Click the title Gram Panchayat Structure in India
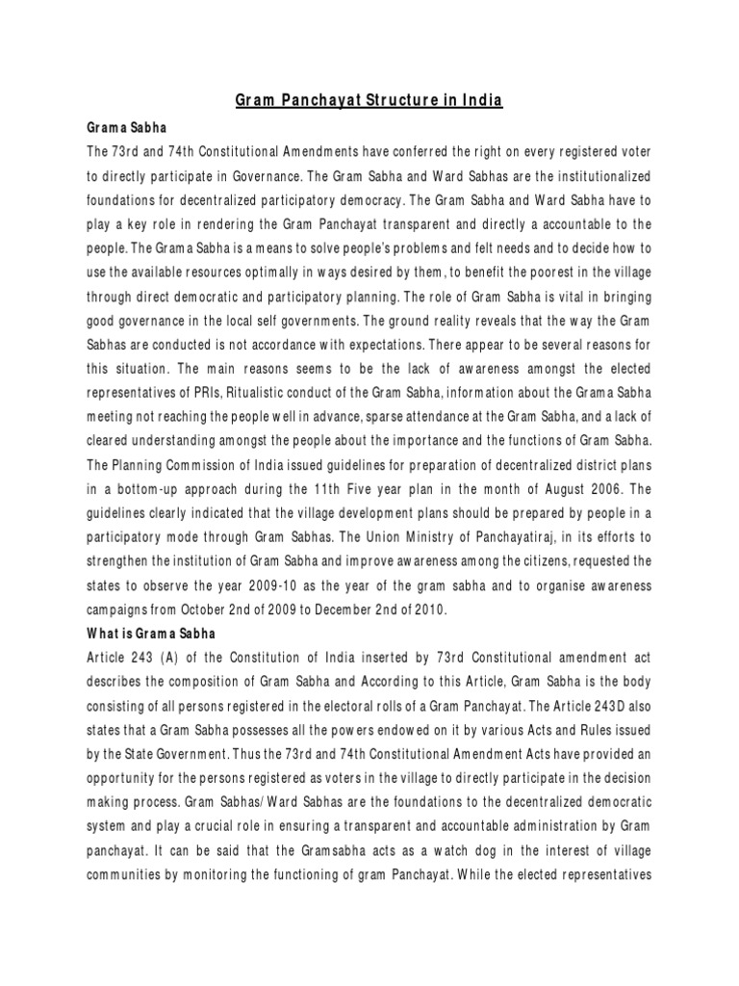pyautogui.click(x=370, y=100)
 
